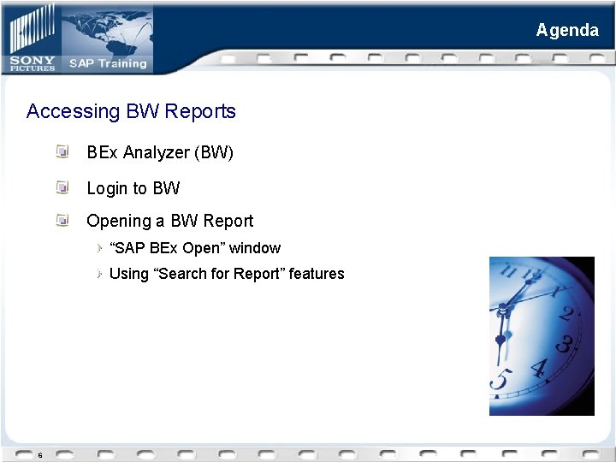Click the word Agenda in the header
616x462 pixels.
(567, 30)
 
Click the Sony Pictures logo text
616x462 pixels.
(33, 62)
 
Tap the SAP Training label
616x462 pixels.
(108, 62)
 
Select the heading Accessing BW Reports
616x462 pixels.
(131, 111)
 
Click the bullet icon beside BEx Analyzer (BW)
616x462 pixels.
(62, 151)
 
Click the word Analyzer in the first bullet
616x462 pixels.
(156, 152)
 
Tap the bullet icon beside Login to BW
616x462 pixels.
(62, 187)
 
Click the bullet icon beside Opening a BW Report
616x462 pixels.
(62, 220)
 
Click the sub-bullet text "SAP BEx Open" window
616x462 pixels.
(195, 248)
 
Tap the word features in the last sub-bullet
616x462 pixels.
(317, 274)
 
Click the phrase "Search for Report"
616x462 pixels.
(206, 274)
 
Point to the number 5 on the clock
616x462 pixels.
(501, 378)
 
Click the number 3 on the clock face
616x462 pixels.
(564, 345)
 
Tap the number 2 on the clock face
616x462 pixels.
(566, 313)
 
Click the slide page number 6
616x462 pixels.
(39, 455)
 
